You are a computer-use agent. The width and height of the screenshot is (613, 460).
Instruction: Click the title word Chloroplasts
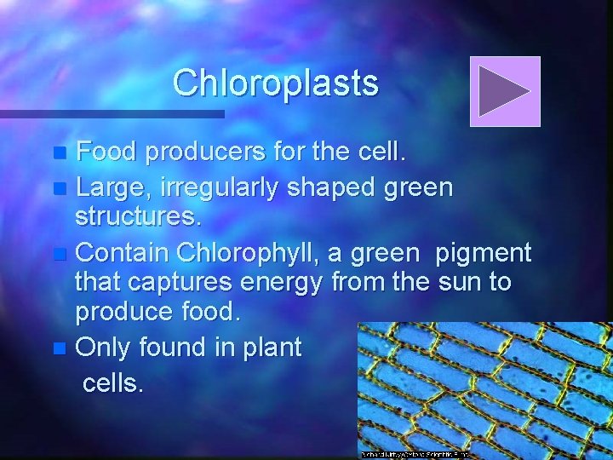tap(275, 83)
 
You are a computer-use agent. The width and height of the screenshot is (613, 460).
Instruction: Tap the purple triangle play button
tap(505, 91)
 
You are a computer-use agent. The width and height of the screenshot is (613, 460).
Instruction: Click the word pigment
tap(483, 252)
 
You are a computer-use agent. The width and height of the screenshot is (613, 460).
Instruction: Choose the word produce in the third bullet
tap(122, 312)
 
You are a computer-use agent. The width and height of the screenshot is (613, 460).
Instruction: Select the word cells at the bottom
tap(112, 382)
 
